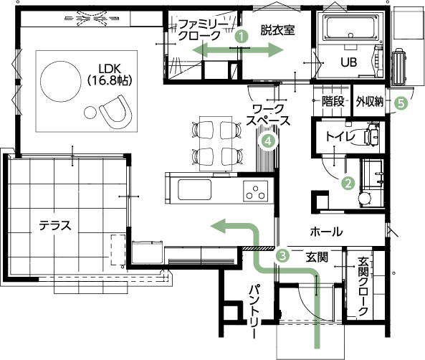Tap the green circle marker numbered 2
[348, 183]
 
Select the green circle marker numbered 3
[283, 255]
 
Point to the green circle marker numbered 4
[268, 141]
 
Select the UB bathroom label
[348, 62]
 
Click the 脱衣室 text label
[277, 30]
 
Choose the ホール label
[325, 232]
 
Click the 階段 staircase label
[333, 102]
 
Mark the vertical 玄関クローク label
[363, 288]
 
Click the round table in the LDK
[64, 77]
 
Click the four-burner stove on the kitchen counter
[256, 191]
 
